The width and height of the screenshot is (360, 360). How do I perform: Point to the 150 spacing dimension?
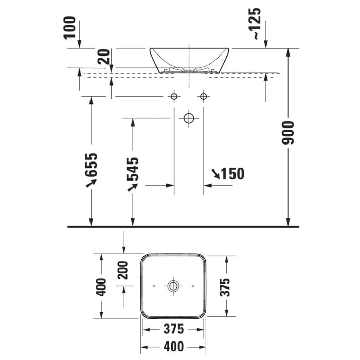[x=233, y=174]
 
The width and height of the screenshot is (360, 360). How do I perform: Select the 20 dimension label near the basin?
[x=105, y=57]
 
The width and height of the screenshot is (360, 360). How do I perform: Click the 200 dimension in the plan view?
[x=123, y=269]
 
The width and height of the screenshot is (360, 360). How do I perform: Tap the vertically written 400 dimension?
[x=101, y=286]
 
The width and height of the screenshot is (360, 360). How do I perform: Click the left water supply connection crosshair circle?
[x=174, y=96]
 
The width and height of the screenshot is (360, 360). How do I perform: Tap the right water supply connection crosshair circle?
[x=204, y=96]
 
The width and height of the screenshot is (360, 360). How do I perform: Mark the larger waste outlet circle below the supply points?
[x=189, y=118]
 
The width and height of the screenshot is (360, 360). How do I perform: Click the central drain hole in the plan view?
[x=173, y=285]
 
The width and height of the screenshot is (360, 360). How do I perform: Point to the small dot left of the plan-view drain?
[x=154, y=285]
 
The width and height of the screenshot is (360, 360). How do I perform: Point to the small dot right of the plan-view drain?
[x=192, y=285]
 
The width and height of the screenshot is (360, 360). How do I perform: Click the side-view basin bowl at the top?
[x=189, y=59]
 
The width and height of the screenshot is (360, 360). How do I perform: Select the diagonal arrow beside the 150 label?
[x=215, y=174]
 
